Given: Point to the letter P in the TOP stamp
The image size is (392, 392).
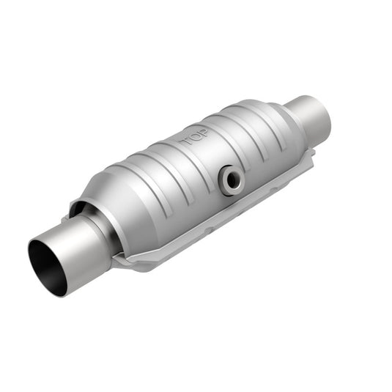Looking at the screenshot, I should click(203, 133).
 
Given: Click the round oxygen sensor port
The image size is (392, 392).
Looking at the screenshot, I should click(230, 179).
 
